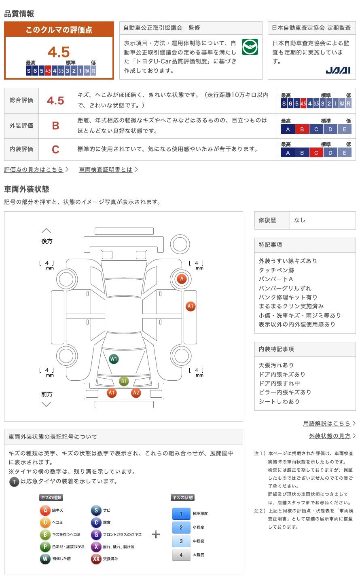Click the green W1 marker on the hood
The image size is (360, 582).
click(114, 359)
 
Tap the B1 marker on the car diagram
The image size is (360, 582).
click(124, 381)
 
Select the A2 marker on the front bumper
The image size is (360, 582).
click(136, 392)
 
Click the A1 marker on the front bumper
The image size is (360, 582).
click(112, 392)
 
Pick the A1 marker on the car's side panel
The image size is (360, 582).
click(191, 306)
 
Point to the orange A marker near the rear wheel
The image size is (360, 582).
click(182, 278)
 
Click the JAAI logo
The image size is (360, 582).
click(338, 70)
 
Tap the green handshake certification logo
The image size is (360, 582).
click(250, 47)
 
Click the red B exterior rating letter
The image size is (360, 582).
click(55, 126)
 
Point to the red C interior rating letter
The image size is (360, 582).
click(55, 149)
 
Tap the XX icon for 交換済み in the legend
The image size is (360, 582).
click(96, 559)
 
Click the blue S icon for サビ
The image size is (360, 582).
click(96, 510)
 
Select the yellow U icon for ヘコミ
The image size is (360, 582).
click(45, 523)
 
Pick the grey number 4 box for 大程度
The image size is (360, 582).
click(181, 555)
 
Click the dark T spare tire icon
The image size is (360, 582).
click(14, 481)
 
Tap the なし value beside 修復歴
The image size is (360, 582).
click(300, 220)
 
